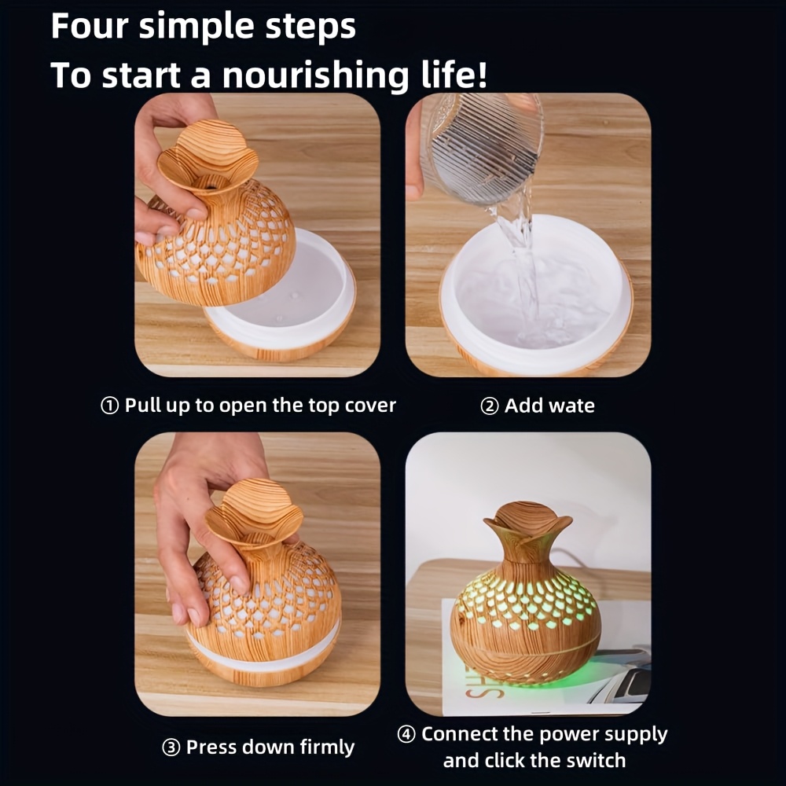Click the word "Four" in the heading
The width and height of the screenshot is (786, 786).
(90, 26)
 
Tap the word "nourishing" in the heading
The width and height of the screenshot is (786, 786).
(315, 75)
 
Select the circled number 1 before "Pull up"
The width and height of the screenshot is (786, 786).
(110, 406)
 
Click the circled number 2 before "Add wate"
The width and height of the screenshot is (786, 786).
(489, 406)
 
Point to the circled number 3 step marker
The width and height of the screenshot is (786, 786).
(171, 748)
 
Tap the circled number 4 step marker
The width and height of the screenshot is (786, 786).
(406, 734)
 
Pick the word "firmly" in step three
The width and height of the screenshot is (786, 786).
(327, 747)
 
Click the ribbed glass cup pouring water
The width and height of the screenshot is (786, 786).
(483, 149)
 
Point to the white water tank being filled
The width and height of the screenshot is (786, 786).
(536, 296)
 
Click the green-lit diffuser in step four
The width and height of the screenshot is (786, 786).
(526, 593)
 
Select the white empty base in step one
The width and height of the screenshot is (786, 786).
(281, 295)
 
